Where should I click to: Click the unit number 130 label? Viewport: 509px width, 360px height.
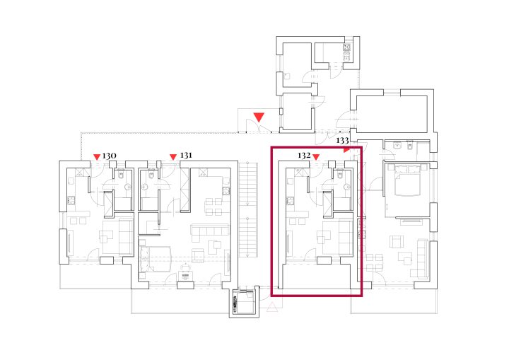click(109, 156)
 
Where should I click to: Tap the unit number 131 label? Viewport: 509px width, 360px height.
click(186, 156)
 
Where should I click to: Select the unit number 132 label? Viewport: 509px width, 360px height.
click(304, 156)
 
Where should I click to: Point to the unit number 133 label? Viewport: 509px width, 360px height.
click(342, 140)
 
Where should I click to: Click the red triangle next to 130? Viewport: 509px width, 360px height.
click(97, 157)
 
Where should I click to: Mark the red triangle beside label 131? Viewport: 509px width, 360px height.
click(173, 157)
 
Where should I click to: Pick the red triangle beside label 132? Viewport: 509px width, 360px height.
click(316, 157)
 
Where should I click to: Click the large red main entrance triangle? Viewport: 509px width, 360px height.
click(259, 117)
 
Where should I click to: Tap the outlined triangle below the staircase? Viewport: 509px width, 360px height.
click(272, 307)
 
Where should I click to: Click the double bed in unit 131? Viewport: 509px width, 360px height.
click(155, 259)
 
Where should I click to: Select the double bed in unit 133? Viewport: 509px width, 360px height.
click(407, 180)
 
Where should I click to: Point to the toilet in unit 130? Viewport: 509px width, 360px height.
click(121, 175)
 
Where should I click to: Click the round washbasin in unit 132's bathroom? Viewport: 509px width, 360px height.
click(347, 187)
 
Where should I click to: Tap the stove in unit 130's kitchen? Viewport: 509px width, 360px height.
click(71, 200)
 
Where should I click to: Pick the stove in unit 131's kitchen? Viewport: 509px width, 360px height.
click(226, 191)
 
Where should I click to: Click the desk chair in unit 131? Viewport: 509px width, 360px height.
click(185, 267)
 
